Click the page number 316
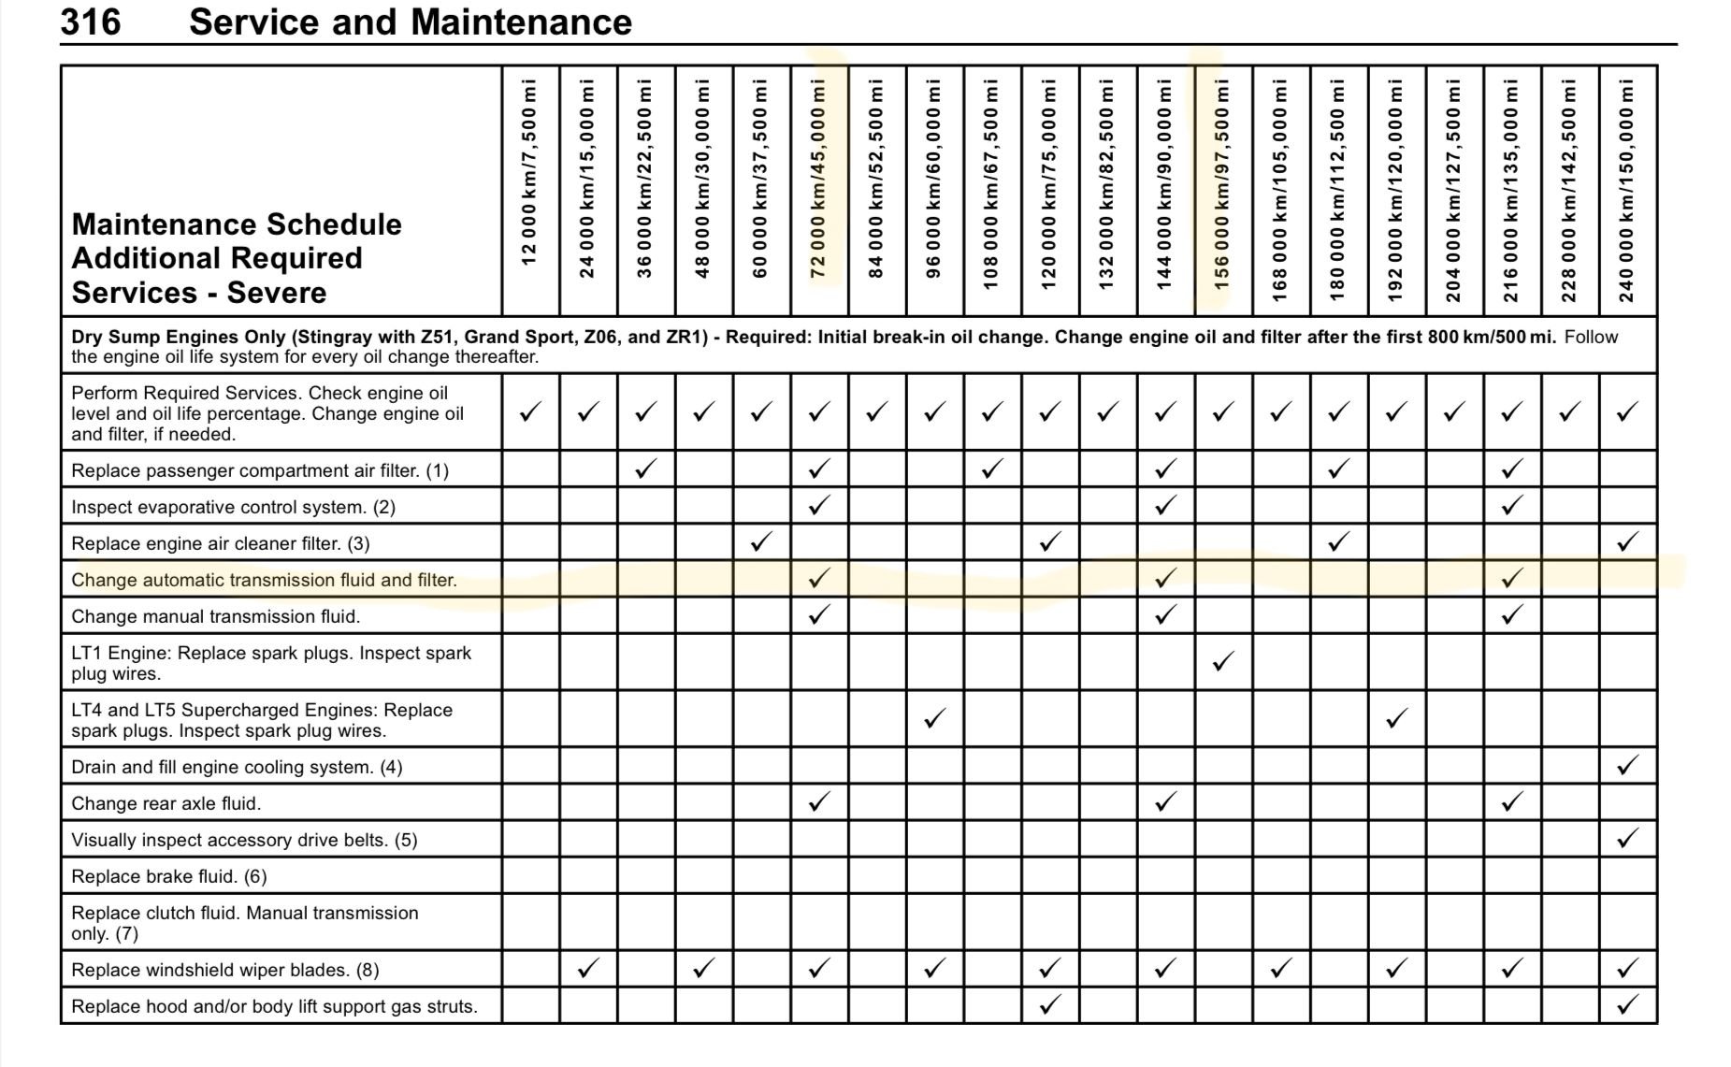coord(91,22)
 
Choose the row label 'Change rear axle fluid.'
coord(166,803)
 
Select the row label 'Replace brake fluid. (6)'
coord(169,876)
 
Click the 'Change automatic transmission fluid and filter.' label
coord(264,580)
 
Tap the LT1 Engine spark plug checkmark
coord(1222,662)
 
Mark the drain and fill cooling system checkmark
coord(1627,766)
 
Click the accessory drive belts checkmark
coord(1627,839)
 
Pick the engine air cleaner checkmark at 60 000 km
coord(761,541)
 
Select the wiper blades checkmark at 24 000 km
coord(587,968)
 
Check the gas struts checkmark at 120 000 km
coord(1049,1004)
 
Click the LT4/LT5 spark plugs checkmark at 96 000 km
coord(933,718)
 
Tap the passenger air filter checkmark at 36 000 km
coord(645,469)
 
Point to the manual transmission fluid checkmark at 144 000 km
coord(1164,614)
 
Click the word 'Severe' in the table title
coord(277,293)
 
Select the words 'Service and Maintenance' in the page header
coord(411,22)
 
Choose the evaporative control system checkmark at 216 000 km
coord(1511,505)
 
